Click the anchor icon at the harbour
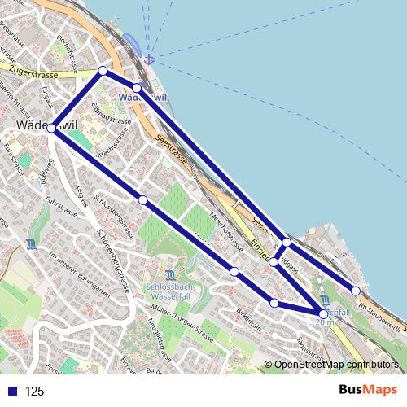click(x=148, y=59)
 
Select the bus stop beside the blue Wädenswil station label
click(x=137, y=87)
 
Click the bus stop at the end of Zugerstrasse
click(x=103, y=71)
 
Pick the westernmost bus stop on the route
click(x=51, y=128)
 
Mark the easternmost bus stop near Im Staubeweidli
click(x=356, y=291)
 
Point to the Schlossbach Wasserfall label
click(x=169, y=292)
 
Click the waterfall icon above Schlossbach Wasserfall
click(x=169, y=275)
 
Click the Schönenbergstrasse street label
click(x=114, y=261)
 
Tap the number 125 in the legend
click(x=35, y=392)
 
